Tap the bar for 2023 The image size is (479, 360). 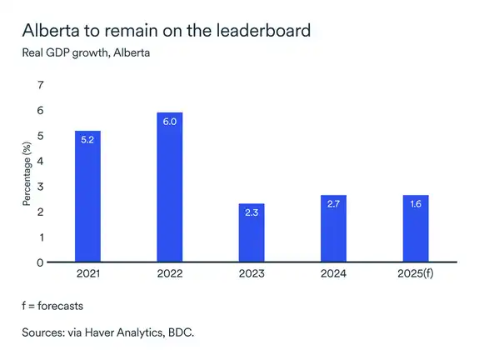click(252, 233)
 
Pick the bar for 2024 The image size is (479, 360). click(333, 229)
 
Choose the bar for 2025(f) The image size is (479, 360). click(415, 229)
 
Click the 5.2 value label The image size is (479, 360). click(88, 140)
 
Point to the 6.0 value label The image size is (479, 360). click(170, 121)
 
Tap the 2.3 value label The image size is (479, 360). click(252, 213)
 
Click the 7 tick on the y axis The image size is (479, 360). click(38, 85)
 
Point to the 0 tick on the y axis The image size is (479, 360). click(38, 262)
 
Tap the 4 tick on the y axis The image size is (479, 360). click(38, 161)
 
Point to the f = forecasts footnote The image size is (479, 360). click(52, 306)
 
